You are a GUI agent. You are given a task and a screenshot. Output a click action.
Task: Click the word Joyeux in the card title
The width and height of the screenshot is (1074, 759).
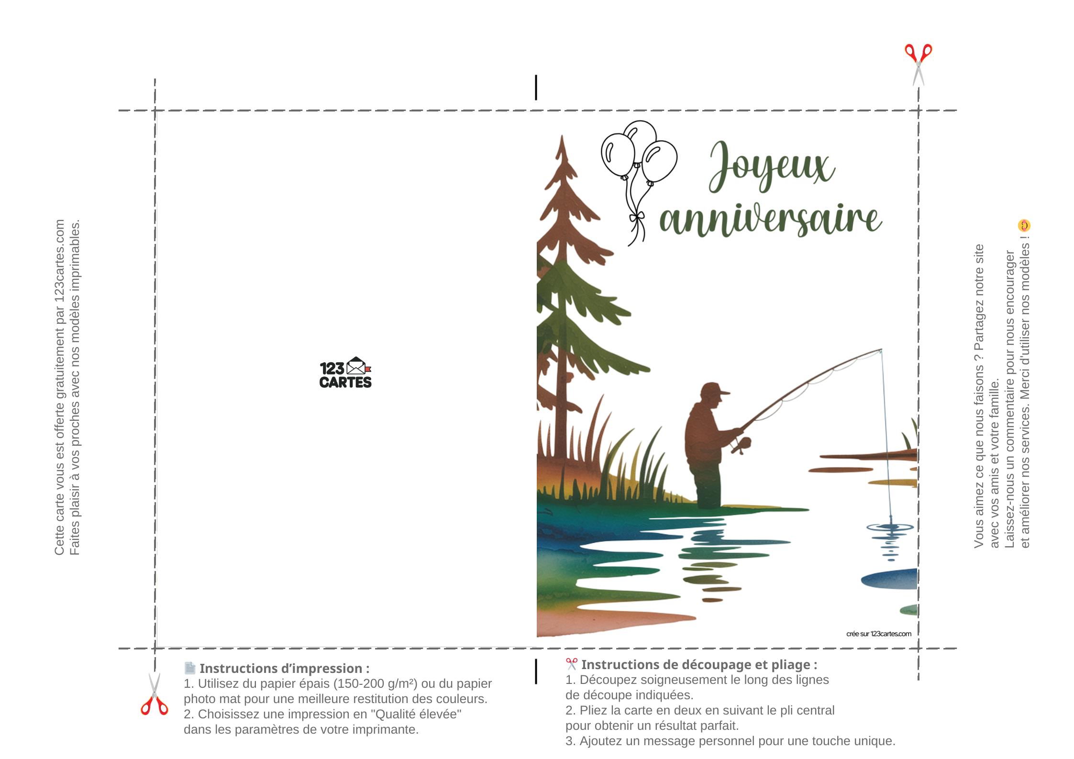point(772,166)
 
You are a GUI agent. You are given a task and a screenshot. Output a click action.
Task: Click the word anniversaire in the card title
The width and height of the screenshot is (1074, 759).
point(770,219)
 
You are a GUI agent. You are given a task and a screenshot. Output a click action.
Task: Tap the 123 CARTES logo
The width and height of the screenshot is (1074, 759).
point(345,373)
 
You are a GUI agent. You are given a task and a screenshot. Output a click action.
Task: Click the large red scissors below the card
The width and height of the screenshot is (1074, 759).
point(154,694)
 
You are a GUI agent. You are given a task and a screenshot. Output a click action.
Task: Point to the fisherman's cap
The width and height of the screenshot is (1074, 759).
point(715,390)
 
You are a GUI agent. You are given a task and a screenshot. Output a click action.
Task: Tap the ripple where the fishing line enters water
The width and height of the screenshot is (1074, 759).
point(890,528)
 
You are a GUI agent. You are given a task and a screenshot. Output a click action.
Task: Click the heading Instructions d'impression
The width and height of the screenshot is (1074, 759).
point(284,668)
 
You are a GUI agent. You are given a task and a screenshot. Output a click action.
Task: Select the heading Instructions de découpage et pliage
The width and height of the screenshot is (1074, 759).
point(699,664)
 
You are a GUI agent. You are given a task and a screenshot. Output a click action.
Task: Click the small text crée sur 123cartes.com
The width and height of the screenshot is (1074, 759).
point(879,634)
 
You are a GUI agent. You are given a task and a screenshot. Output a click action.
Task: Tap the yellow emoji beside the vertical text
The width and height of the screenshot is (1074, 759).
point(1024,225)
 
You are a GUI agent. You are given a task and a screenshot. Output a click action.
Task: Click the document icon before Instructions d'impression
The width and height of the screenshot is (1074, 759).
point(190,668)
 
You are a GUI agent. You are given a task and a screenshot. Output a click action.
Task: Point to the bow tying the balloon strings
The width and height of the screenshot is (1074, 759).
point(637,218)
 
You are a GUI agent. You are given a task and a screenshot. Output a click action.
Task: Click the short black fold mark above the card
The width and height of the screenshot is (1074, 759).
point(536,88)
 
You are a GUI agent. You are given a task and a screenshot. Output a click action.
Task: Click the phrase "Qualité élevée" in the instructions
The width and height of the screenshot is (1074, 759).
point(416,714)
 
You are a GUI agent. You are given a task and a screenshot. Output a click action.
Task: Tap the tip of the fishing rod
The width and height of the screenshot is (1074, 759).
point(881,350)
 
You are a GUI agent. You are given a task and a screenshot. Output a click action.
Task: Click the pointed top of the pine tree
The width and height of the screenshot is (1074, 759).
point(562,137)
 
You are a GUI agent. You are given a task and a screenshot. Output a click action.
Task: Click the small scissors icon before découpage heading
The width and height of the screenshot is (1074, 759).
point(572,664)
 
